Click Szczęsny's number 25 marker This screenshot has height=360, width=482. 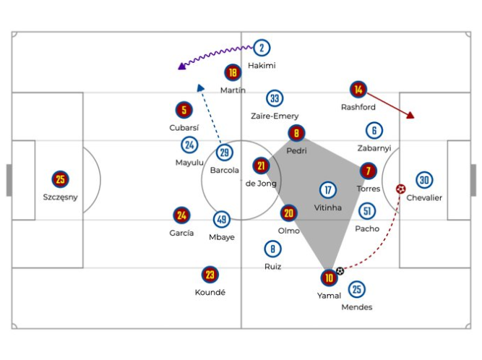[x=61, y=179]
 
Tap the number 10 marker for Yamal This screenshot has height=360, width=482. [x=330, y=277]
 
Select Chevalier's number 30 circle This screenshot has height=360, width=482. [x=424, y=180]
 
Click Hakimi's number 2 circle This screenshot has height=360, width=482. [x=262, y=48]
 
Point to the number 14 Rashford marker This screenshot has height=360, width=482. [x=358, y=90]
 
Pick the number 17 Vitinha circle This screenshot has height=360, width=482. [x=329, y=190]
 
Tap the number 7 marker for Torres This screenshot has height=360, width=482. [x=369, y=171]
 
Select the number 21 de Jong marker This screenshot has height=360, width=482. [x=261, y=166]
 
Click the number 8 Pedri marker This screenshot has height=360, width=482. [x=296, y=133]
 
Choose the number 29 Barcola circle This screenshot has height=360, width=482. [x=225, y=153]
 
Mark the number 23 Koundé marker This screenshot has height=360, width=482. [x=210, y=275]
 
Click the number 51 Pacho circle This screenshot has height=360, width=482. [x=367, y=211]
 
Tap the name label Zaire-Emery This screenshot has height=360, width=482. [x=275, y=116]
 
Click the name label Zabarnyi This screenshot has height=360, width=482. [x=374, y=147]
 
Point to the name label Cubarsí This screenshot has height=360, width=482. [x=184, y=127]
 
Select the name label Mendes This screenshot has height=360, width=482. [x=357, y=307]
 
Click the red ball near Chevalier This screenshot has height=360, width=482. [x=401, y=189]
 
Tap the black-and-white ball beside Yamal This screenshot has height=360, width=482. [x=340, y=271]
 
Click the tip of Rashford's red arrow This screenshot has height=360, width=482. [x=413, y=118]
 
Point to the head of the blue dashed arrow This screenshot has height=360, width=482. [x=200, y=85]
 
